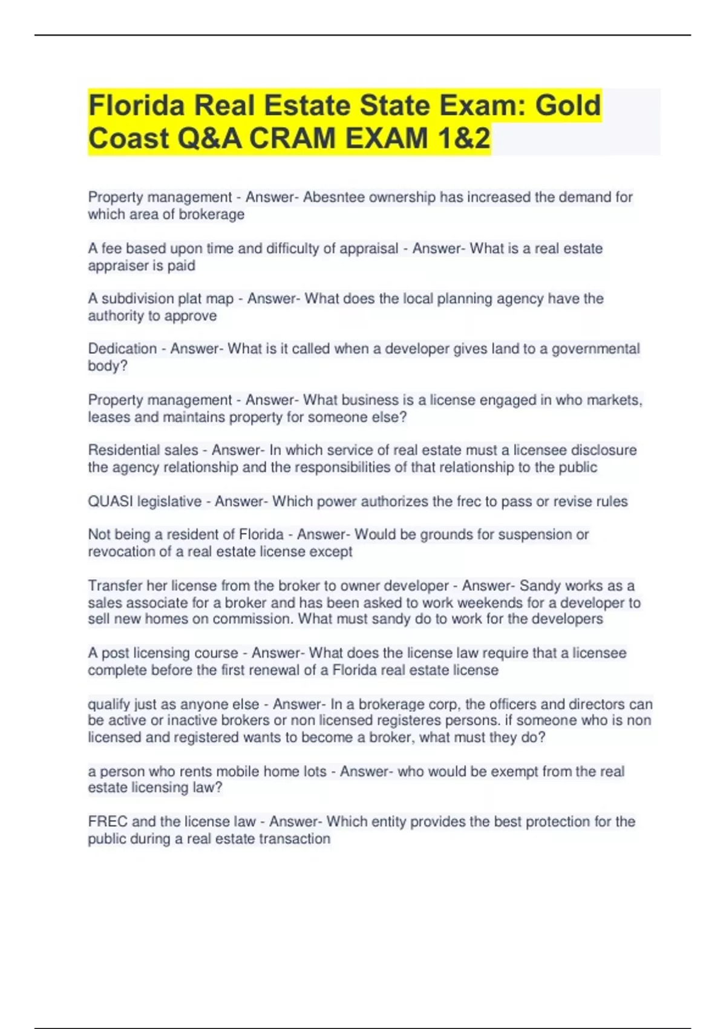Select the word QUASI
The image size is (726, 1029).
[110, 501]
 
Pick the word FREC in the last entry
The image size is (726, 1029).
[107, 821]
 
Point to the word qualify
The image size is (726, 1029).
[109, 705]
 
